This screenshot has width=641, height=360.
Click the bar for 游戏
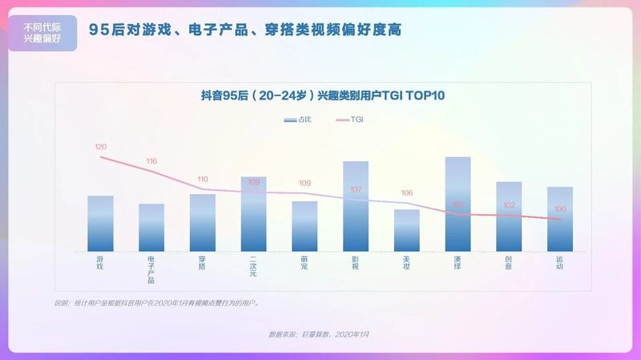pyautogui.click(x=100, y=224)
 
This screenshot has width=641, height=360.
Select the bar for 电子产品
pyautogui.click(x=151, y=228)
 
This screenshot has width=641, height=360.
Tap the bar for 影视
pyautogui.click(x=356, y=207)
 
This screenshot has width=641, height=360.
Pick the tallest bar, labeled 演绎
pyautogui.click(x=458, y=204)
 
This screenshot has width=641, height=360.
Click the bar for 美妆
pyautogui.click(x=407, y=231)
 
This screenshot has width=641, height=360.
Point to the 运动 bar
pyautogui.click(x=560, y=220)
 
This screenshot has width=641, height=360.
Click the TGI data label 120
pyautogui.click(x=100, y=147)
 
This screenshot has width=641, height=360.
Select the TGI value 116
pyautogui.click(x=151, y=161)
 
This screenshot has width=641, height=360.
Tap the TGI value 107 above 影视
pyautogui.click(x=356, y=189)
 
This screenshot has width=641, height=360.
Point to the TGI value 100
pyautogui.click(x=560, y=209)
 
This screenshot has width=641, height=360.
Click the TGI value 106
pyautogui.click(x=407, y=193)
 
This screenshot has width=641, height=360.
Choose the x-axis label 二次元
pyautogui.click(x=253, y=267)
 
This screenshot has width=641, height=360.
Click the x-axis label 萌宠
pyautogui.click(x=304, y=263)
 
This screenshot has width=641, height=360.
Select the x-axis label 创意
pyautogui.click(x=509, y=263)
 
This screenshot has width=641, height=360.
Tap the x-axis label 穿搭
pyautogui.click(x=203, y=263)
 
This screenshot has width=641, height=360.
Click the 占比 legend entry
pyautogui.click(x=299, y=119)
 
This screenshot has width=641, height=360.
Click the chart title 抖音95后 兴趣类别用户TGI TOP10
pyautogui.click(x=322, y=95)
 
